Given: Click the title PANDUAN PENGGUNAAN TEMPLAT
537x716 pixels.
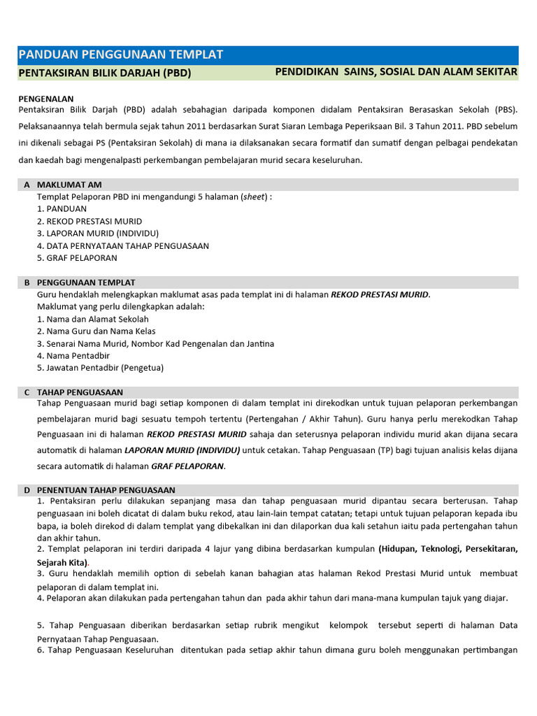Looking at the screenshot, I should click(x=120, y=55).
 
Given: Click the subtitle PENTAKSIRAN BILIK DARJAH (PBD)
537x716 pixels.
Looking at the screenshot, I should click(x=104, y=73).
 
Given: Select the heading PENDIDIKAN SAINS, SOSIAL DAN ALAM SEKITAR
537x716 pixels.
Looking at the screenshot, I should click(x=396, y=72).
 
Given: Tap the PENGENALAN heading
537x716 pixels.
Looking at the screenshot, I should click(x=46, y=99).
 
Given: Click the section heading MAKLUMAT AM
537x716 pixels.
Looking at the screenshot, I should click(x=69, y=185).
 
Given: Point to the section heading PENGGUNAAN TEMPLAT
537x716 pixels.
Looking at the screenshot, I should click(x=86, y=282).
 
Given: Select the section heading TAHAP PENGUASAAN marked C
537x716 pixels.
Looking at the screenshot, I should click(x=80, y=392).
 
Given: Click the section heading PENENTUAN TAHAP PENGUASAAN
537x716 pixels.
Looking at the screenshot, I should click(x=106, y=490).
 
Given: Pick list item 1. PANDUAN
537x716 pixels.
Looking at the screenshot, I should click(x=62, y=209).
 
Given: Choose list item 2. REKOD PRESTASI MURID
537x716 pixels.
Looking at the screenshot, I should click(x=89, y=222).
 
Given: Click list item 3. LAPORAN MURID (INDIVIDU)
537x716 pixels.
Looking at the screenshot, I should click(x=98, y=234).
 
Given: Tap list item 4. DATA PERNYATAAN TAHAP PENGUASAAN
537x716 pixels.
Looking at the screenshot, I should click(x=123, y=246).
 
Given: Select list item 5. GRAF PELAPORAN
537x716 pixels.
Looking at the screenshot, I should click(x=77, y=258).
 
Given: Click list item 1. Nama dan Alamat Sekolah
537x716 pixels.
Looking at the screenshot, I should click(x=92, y=319).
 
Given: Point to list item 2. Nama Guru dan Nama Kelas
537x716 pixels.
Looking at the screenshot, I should click(x=96, y=331).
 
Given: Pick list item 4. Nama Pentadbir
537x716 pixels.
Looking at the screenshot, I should click(x=73, y=356).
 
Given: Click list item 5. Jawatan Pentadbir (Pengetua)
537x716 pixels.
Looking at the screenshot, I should click(x=100, y=368).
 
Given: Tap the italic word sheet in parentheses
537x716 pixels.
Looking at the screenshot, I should click(x=254, y=196).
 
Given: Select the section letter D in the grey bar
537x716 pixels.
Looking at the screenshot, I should click(x=27, y=490).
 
